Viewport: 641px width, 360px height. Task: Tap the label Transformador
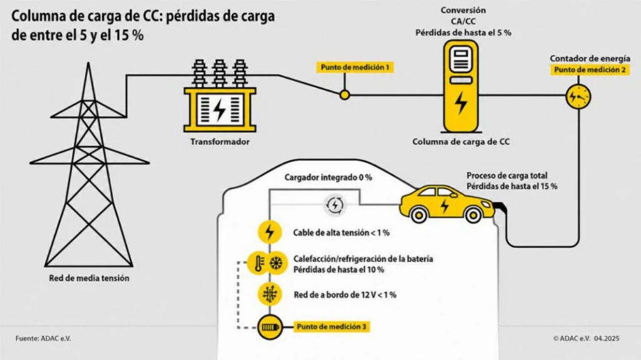220,142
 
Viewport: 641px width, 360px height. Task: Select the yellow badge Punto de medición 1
355,67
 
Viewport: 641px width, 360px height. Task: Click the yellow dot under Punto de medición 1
345,95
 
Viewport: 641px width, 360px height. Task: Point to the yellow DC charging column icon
461,86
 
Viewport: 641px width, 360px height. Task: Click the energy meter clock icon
578,97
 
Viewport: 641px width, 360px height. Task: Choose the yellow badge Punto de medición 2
590,70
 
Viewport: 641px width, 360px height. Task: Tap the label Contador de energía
590,58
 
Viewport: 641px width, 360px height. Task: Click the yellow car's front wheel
473,215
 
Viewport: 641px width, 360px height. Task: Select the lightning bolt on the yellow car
445,205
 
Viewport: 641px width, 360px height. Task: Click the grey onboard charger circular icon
335,205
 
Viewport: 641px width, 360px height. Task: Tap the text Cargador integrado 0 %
328,178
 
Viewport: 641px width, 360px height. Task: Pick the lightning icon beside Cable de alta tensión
270,232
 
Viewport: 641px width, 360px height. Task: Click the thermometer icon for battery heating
259,262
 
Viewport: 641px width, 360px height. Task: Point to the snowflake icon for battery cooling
277,262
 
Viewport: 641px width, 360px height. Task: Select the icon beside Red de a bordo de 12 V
270,294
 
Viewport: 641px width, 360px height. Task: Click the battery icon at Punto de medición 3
270,327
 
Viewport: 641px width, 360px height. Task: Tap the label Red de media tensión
89,278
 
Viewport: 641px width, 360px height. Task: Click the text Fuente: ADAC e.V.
43,339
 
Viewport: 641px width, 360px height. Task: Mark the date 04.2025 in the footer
607,339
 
